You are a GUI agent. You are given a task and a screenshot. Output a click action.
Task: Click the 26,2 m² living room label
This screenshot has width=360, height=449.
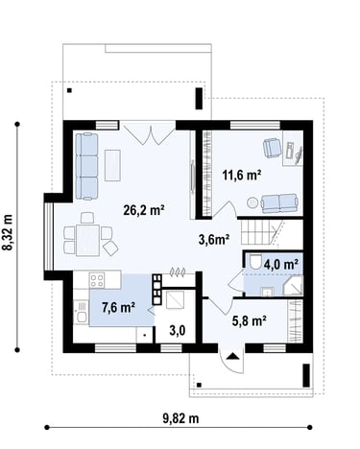[144, 210]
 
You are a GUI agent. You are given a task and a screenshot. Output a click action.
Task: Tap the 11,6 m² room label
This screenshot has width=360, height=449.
[242, 175]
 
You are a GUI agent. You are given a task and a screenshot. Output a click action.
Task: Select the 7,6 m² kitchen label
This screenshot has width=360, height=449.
[118, 308]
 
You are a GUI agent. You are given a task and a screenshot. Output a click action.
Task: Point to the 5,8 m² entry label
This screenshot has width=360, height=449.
[250, 320]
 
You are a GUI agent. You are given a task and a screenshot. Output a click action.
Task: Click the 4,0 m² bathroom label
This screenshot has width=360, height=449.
[281, 265]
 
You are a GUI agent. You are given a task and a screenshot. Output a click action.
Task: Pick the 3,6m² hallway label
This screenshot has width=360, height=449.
[214, 239]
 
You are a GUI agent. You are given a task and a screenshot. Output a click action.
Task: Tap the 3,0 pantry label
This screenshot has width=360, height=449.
[178, 331]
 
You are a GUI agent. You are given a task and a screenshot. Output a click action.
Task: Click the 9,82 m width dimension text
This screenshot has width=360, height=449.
[180, 418]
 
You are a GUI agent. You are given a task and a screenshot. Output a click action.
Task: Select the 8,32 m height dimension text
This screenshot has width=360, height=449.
[8, 232]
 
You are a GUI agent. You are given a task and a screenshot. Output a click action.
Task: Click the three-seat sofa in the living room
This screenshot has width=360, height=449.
[86, 166]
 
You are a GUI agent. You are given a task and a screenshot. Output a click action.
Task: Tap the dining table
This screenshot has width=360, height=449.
[87, 241]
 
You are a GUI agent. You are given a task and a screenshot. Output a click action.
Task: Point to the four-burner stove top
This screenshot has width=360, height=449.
[97, 280]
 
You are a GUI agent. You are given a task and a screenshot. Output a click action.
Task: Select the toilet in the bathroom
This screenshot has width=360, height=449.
[255, 262]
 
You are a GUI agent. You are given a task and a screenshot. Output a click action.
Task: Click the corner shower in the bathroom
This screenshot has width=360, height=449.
[293, 286]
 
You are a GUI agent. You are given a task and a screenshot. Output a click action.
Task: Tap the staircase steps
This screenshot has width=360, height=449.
[258, 232]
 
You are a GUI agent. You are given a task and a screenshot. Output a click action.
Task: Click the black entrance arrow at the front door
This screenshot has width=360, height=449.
[232, 356]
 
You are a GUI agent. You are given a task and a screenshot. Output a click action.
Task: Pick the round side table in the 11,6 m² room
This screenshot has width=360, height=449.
[252, 202]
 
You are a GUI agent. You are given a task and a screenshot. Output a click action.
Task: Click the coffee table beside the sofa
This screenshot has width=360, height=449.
[112, 165]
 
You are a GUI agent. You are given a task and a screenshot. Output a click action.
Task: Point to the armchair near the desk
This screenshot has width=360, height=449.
[272, 148]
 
